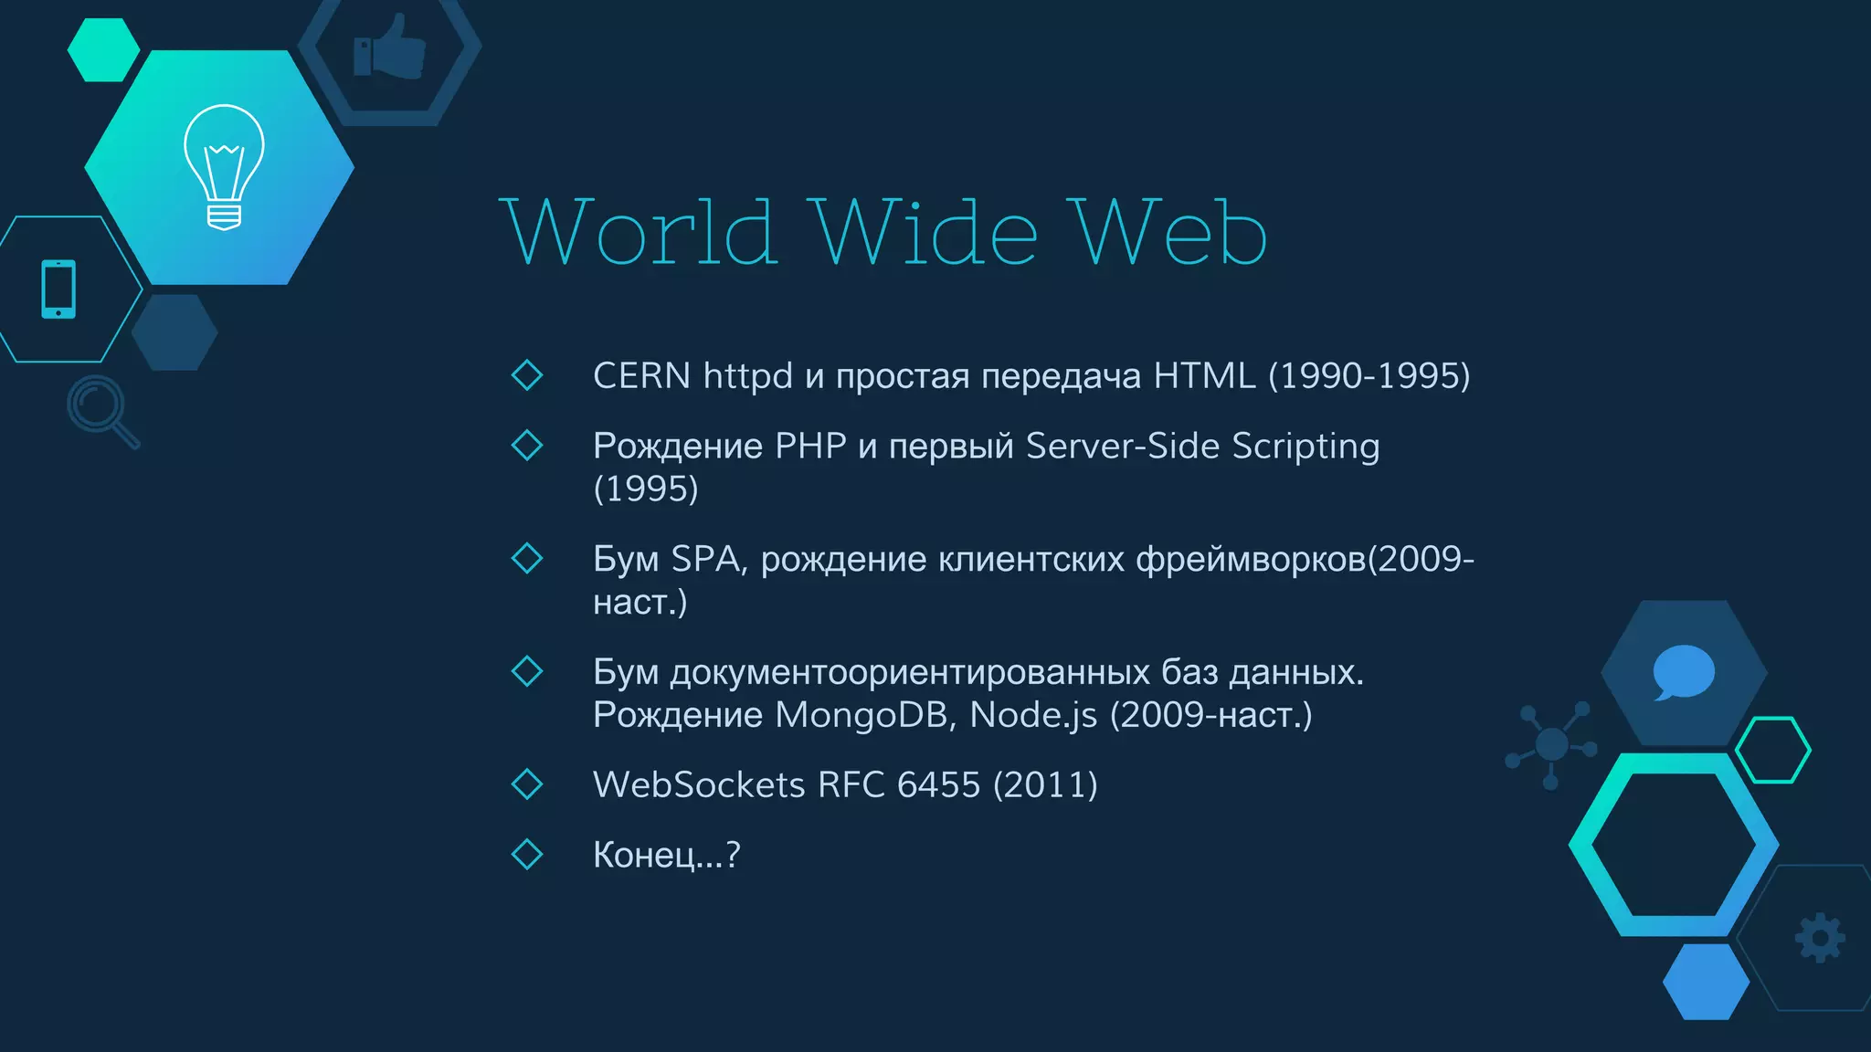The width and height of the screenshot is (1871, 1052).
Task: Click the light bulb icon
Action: pos(224,167)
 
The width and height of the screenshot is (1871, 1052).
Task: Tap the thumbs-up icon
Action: pos(390,47)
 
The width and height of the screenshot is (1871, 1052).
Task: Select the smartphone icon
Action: pos(58,289)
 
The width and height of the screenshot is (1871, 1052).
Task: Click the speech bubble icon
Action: pos(1683,672)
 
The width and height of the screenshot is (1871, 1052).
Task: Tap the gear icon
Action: pos(1820,937)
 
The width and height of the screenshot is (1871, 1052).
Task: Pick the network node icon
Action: pos(1551,744)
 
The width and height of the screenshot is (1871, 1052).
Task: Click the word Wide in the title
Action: pos(925,233)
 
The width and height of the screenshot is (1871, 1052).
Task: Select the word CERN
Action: pos(641,376)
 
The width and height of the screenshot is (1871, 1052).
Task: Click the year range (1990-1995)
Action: pos(1369,376)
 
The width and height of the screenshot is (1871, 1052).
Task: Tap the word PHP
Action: pos(810,447)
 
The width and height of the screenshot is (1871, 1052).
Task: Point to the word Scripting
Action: pos(1305,447)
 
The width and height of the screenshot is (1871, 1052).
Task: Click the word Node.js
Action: pos(1033,715)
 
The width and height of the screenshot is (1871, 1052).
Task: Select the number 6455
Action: pos(938,785)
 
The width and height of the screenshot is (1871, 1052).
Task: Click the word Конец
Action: pos(644,856)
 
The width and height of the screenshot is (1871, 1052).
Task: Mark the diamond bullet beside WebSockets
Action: pos(527,784)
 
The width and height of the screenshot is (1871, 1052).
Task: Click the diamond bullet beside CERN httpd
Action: pos(527,374)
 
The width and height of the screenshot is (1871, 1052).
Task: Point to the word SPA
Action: pos(706,559)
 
